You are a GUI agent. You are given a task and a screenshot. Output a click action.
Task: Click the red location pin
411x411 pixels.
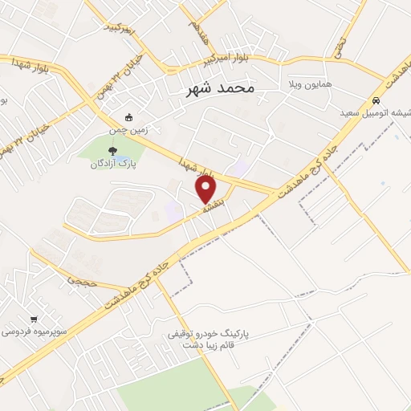tap(206, 190)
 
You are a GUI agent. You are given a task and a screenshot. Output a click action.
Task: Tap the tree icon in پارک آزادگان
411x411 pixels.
tap(112, 150)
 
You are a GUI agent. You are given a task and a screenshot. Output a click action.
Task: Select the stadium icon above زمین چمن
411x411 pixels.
tap(130, 117)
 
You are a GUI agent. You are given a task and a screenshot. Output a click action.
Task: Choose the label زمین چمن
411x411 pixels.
tap(130, 129)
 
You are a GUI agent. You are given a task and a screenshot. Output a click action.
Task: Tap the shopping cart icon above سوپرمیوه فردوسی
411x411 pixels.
tap(33, 318)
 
